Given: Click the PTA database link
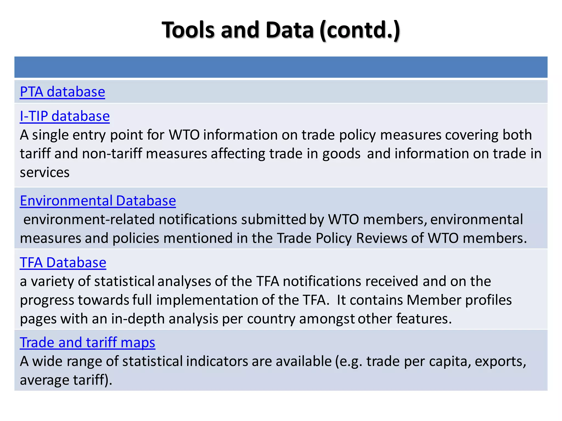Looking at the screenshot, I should pyautogui.click(x=62, y=92).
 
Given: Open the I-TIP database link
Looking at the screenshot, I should pyautogui.click(x=65, y=116).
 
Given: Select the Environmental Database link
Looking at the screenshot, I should pyautogui.click(x=98, y=201).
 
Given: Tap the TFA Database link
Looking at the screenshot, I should pyautogui.click(x=63, y=263).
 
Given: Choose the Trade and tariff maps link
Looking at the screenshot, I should pyautogui.click(x=87, y=343).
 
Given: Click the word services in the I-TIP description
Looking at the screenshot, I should pyautogui.click(x=45, y=172).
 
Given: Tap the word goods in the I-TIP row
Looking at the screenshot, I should pyautogui.click(x=341, y=153).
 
